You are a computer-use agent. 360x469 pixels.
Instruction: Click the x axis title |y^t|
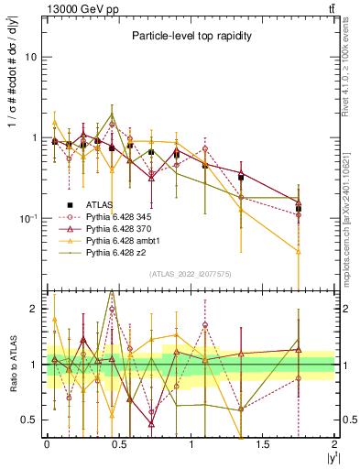pyautogui.click(x=327, y=457)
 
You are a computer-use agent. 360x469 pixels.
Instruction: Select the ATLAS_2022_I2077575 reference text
pyautogui.click(x=190, y=274)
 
